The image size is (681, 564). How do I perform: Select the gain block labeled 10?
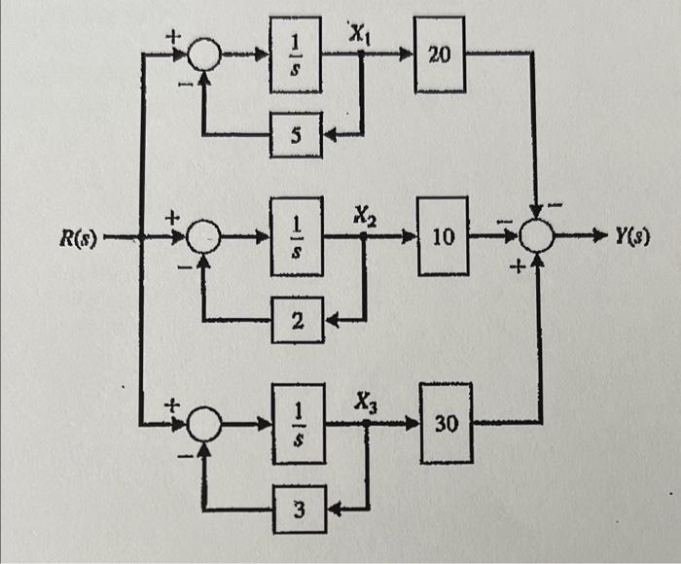(443, 235)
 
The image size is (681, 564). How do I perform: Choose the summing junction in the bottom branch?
(204, 424)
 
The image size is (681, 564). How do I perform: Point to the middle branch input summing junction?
(204, 235)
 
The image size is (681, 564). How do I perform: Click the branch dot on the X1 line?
(361, 54)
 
